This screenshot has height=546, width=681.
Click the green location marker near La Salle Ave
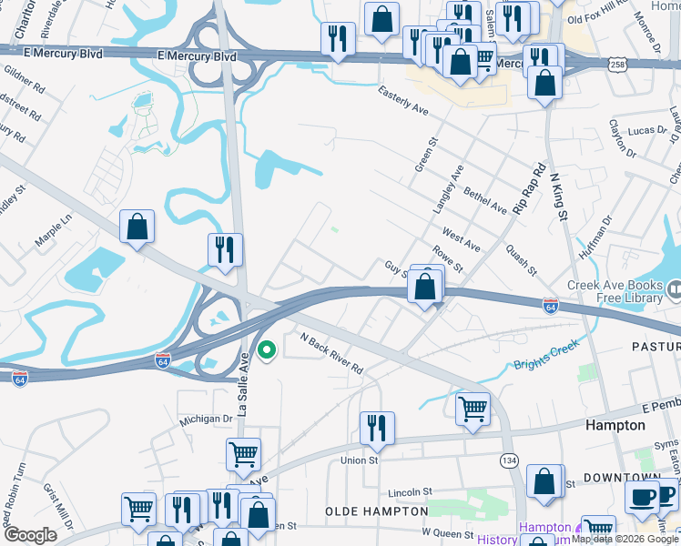pos(267,349)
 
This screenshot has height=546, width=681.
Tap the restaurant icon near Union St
pos(377,427)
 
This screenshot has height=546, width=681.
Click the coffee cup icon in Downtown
pos(642,497)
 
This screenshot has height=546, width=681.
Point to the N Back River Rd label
pos(331,353)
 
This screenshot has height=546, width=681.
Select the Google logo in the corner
pos(30,535)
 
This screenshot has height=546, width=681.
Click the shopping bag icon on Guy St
pos(425,287)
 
